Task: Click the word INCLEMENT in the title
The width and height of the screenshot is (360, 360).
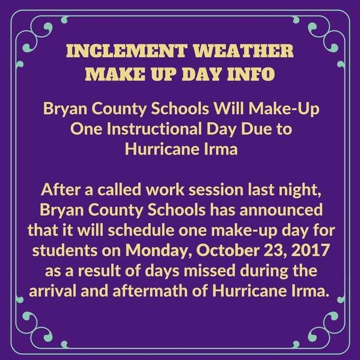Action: coord(127,51)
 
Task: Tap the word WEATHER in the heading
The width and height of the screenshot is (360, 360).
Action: coord(243,51)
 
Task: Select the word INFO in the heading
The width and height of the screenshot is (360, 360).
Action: coord(251,74)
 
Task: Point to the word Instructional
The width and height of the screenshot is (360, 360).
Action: coord(154,129)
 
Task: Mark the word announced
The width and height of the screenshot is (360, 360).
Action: coord(281,210)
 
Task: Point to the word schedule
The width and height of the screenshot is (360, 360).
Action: coord(141,230)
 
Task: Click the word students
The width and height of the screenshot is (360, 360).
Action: coord(65,250)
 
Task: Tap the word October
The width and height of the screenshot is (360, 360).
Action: coord(228,250)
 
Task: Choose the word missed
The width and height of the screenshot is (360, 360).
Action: coord(210,271)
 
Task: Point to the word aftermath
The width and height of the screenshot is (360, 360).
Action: coord(150,291)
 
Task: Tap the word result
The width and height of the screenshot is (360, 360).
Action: coord(99,271)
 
